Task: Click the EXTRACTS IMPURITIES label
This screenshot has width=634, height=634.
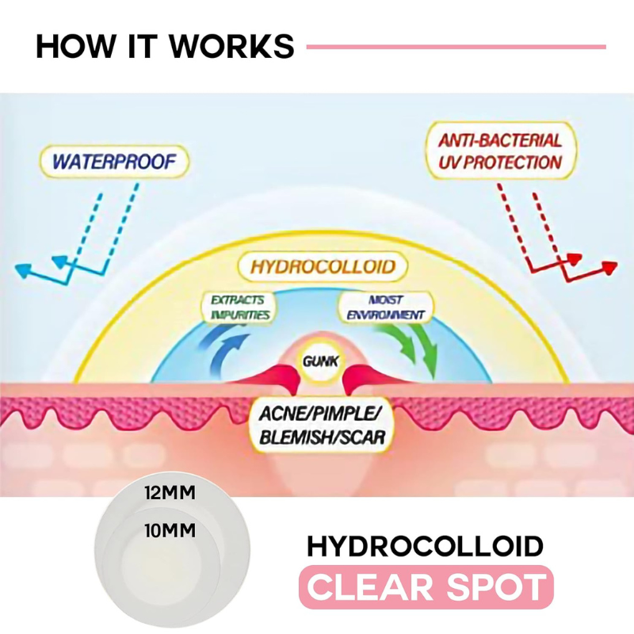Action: [238, 307]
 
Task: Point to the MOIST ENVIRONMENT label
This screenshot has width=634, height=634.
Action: [386, 307]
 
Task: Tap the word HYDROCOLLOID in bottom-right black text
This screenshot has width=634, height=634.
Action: [425, 546]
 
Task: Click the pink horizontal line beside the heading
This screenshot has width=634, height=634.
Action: [456, 47]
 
